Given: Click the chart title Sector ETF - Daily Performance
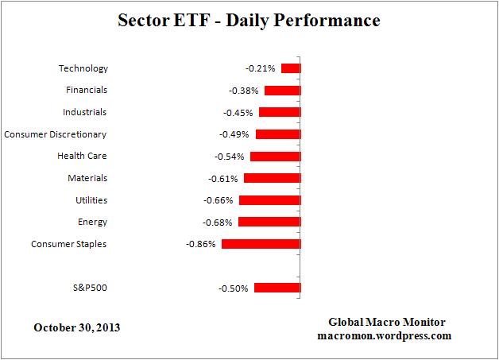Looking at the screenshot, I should pyautogui.click(x=249, y=20).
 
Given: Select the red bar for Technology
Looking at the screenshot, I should pyautogui.click(x=291, y=68).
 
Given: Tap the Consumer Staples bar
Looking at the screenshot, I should pyautogui.click(x=261, y=244).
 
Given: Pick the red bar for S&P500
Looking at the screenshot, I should pyautogui.click(x=277, y=288).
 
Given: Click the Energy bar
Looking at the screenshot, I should pyautogui.click(x=269, y=222).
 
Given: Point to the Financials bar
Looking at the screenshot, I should pyautogui.click(x=282, y=91).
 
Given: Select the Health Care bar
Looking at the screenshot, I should pyautogui.click(x=275, y=157).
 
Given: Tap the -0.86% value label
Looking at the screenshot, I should pyautogui.click(x=200, y=244).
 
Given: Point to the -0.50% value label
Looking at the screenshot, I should pyautogui.click(x=234, y=288).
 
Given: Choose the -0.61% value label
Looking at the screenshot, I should pyautogui.click(x=223, y=179).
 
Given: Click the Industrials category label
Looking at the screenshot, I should pyautogui.click(x=84, y=113).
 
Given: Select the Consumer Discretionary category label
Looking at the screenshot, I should pyautogui.click(x=56, y=134).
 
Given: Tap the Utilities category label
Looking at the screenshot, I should pyautogui.click(x=90, y=200).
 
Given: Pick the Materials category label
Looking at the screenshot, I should pyautogui.click(x=87, y=179).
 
